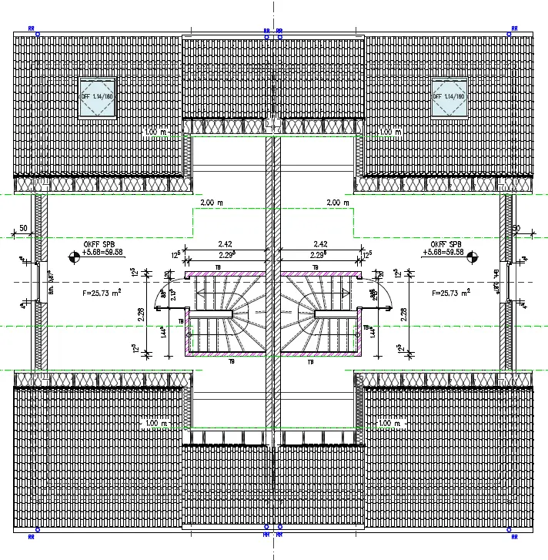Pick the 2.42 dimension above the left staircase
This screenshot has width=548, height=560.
pos(226,243)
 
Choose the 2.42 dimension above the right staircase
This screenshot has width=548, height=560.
pos(321,243)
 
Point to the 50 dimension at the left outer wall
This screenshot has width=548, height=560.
pos(24,228)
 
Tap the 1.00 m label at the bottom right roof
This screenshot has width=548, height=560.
pos(391,424)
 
